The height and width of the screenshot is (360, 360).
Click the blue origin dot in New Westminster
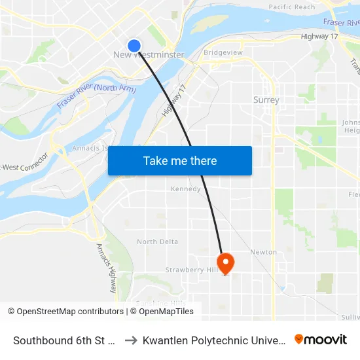[x=134, y=45]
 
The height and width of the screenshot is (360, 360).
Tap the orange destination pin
[x=225, y=263]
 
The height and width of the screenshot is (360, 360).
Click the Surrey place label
[x=266, y=100]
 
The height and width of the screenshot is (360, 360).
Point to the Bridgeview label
[x=223, y=52]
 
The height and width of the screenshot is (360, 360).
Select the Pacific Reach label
[x=291, y=7]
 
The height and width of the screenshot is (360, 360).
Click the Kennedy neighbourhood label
[x=185, y=189]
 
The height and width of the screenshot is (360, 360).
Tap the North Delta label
[x=157, y=242]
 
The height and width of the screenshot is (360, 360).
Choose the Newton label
[x=263, y=252]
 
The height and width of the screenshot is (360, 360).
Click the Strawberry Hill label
[x=191, y=270]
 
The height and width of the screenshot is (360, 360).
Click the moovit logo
[x=320, y=339]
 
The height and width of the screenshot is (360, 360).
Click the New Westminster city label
[x=149, y=55]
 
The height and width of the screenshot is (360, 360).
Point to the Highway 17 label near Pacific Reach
[x=319, y=36]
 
